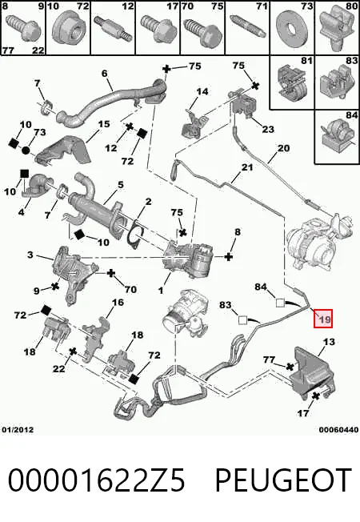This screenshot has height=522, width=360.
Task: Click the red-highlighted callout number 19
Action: tap(323, 319)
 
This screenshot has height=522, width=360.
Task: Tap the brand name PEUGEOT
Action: tap(283, 480)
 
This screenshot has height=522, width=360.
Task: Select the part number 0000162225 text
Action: tap(97, 480)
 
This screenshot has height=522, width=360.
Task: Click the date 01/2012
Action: tap(18, 430)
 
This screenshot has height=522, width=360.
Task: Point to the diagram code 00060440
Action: tap(338, 430)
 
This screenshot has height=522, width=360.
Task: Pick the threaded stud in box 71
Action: tap(247, 26)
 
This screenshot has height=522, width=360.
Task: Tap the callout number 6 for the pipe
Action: tap(105, 73)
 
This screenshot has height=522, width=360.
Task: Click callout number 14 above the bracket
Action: tap(202, 91)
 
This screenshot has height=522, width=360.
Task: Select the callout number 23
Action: tap(268, 129)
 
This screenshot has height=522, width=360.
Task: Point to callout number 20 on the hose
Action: tap(283, 148)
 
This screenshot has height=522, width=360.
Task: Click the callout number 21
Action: tap(247, 167)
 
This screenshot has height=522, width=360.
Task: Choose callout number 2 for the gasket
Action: tap(148, 201)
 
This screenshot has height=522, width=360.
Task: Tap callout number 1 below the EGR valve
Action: tap(161, 291)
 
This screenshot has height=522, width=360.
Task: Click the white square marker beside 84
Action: tap(280, 303)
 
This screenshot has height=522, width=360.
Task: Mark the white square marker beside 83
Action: tap(242, 320)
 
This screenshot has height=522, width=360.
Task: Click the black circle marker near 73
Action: tap(26, 151)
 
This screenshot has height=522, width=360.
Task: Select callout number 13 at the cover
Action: tap(329, 341)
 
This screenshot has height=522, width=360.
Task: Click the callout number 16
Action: tap(118, 303)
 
